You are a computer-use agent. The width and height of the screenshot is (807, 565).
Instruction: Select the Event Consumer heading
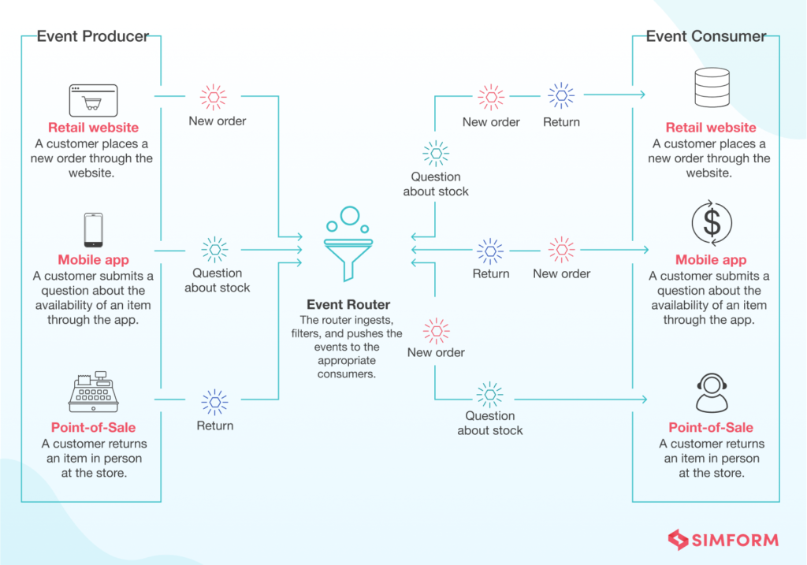[x=705, y=36]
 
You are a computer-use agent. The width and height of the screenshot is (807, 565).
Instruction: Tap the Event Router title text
[x=349, y=304]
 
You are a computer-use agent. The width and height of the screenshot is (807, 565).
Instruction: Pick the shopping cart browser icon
[x=93, y=100]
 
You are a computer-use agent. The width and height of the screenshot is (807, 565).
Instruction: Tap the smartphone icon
[x=93, y=230]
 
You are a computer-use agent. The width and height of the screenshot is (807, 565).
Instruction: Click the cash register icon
[x=93, y=392]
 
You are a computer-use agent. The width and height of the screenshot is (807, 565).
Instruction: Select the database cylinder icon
[x=711, y=88]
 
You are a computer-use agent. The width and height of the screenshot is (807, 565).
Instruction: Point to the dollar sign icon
[x=711, y=223]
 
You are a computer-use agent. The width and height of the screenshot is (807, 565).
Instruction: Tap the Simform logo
[x=723, y=540]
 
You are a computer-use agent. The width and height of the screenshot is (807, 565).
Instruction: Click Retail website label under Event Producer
[x=93, y=128]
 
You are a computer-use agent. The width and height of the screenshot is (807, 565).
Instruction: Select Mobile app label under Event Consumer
[x=711, y=260]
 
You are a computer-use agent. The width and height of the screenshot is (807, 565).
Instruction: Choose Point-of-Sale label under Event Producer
[x=93, y=427]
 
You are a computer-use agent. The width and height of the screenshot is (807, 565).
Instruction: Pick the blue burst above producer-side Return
[x=214, y=401]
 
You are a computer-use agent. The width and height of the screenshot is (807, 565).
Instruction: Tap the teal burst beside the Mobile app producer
[x=214, y=250]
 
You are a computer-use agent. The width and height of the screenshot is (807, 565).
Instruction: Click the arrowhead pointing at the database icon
[x=642, y=95]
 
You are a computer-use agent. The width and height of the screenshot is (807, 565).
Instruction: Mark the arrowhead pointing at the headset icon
[x=642, y=400]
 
